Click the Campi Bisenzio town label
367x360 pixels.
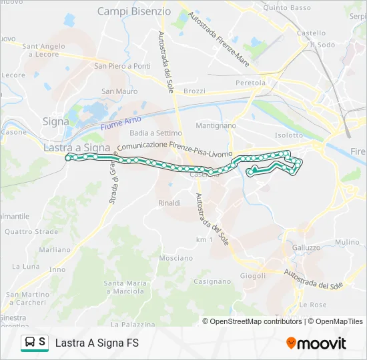[x=134, y=11]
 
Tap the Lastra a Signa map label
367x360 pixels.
[x=76, y=147]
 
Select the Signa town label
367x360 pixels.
[x=55, y=121]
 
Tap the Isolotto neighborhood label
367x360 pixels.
[x=288, y=135]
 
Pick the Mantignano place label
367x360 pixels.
[x=216, y=125]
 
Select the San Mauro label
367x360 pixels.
[x=119, y=91]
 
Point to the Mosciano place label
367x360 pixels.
[x=176, y=258]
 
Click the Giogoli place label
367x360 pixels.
[x=253, y=275]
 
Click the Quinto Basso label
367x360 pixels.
[x=288, y=8]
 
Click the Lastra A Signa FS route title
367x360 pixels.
[x=97, y=343]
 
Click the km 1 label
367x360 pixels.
[x=204, y=239]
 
